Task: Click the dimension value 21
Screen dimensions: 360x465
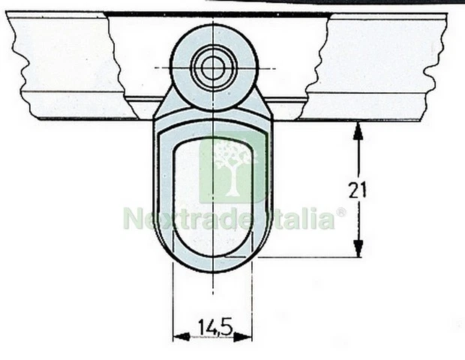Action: point(358,190)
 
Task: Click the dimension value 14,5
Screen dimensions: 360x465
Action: point(214,326)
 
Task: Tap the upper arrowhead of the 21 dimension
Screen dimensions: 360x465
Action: point(358,130)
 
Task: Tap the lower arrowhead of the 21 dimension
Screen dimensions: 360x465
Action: point(358,249)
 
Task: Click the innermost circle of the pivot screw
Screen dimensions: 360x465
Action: point(213,68)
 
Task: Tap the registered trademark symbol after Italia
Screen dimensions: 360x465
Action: point(340,212)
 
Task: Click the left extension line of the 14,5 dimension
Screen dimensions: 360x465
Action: point(174,300)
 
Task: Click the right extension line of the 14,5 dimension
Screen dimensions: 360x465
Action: point(252,300)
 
